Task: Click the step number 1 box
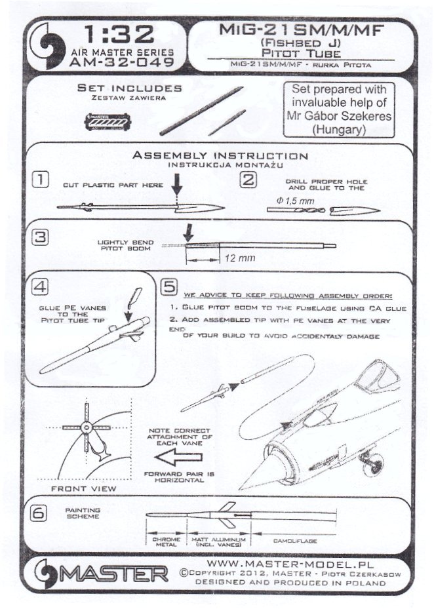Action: tap(41, 179)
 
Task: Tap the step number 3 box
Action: tap(41, 238)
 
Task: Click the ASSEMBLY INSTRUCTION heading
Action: tap(220, 156)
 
